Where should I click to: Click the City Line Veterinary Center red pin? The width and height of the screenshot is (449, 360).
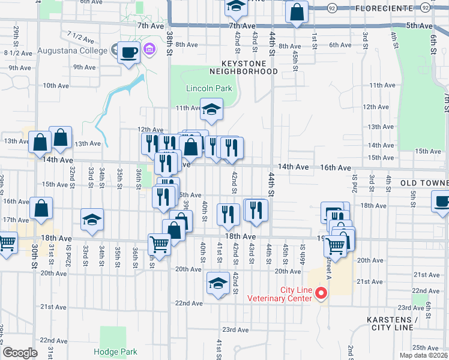coord(321,293)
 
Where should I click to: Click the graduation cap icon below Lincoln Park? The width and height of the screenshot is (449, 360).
coord(211,110)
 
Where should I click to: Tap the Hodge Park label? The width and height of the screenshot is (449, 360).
coord(115,352)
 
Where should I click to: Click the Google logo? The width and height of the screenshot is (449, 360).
coord(20,352)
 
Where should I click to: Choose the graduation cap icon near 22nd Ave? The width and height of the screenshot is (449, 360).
coord(217,283)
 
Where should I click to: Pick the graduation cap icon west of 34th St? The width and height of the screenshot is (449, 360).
coord(92,220)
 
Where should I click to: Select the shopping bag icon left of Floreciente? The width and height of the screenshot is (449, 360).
coord(297,12)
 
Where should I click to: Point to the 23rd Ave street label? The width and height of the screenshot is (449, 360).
coord(235,329)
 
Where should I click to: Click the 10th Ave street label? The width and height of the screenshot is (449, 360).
coord(55,86)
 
